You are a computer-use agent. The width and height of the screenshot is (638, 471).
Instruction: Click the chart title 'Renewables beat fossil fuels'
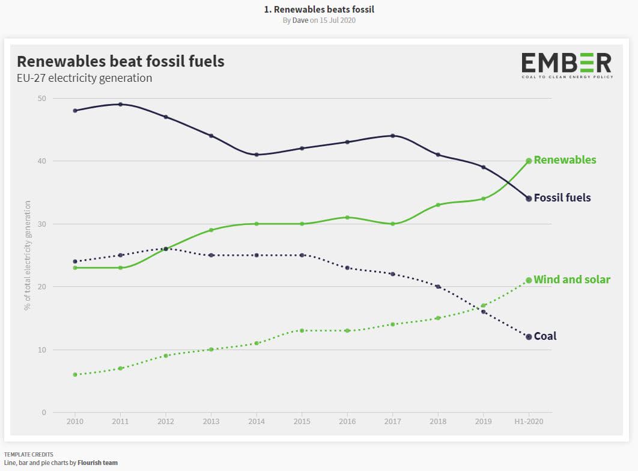120,61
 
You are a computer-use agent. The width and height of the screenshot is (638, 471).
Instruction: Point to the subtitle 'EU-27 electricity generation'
84,78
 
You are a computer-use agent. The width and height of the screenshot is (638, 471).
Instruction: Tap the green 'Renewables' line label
565,160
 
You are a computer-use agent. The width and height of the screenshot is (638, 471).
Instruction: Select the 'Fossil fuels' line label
562,198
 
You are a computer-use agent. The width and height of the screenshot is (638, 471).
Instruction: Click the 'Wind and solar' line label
571,280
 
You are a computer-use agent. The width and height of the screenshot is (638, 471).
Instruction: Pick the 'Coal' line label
545,336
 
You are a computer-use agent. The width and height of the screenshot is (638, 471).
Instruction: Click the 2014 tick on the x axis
257,422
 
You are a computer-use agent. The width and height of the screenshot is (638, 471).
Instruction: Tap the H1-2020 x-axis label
528,422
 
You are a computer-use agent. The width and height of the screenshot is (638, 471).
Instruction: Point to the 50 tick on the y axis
42,99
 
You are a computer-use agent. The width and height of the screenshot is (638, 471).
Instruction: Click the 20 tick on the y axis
42,287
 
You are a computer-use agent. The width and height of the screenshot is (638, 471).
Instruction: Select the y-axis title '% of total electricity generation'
28,255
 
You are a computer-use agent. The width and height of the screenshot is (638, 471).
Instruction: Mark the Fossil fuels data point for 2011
121,104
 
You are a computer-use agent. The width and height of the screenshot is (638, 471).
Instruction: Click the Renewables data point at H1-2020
529,161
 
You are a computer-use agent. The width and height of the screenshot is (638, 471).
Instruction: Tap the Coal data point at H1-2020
529,337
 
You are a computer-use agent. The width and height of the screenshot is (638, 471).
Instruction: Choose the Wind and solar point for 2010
75,374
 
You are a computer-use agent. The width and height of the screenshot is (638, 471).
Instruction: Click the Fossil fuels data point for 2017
392,136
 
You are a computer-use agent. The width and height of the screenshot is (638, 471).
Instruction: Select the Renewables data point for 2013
211,230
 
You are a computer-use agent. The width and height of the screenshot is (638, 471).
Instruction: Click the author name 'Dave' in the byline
300,20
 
